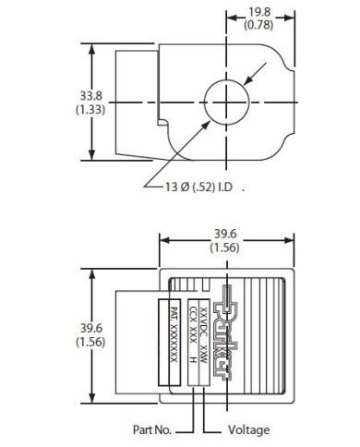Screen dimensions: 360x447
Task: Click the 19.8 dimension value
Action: point(259,12)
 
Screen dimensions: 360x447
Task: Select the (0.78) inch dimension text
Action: point(258,25)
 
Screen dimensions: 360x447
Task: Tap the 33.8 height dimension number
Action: point(90,96)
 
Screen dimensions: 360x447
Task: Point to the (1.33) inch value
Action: point(90,109)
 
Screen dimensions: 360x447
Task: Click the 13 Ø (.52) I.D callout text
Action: point(198,187)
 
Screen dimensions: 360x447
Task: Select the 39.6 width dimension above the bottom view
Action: point(225,235)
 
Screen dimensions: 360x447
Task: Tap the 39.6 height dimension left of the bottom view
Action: point(91,328)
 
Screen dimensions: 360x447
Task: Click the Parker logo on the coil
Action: point(226,332)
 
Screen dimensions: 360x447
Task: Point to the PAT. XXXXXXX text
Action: point(174,334)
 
